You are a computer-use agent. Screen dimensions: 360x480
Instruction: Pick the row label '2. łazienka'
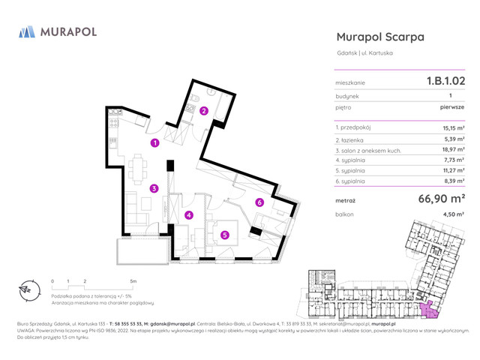coord(351,139)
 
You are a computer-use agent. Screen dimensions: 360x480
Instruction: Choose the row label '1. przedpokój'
coord(355,128)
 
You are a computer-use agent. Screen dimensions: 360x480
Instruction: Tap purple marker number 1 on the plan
coord(154,142)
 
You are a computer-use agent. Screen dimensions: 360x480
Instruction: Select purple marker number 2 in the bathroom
coord(203,111)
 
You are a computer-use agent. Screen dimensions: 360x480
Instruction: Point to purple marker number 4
coord(189,215)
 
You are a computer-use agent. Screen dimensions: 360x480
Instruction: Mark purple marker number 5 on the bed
coord(225,235)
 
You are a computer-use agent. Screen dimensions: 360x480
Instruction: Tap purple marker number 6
coord(259,202)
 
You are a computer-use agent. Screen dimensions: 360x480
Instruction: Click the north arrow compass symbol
coord(28,289)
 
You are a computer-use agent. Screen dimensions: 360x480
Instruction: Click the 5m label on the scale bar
coord(133,281)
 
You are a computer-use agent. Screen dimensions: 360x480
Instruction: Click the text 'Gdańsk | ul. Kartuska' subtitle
coord(365,52)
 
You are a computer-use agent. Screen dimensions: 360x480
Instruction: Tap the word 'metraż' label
coord(346,201)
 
